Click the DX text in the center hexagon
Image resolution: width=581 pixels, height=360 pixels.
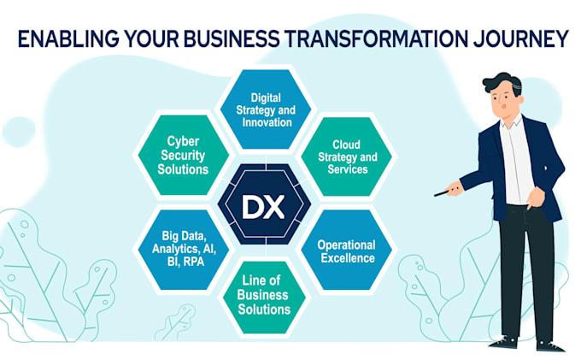point(263,207)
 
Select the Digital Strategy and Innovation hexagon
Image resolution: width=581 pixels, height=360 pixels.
point(266,109)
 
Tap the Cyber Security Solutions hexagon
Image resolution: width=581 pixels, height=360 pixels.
point(183,155)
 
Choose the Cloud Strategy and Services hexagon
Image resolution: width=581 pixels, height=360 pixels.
point(347,156)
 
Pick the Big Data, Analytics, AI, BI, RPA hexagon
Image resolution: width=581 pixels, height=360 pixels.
point(184,250)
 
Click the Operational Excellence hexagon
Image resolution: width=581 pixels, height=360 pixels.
point(347,250)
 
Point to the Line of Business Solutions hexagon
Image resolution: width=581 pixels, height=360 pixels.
point(264,298)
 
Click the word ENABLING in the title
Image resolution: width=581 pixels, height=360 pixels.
point(68,38)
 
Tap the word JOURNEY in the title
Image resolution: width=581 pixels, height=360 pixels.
point(520,38)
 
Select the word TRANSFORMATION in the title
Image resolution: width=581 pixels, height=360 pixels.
point(377,38)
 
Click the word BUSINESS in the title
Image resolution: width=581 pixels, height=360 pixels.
point(232,38)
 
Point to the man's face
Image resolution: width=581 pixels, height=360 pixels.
point(506,100)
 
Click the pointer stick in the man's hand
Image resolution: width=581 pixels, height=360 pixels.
point(445,192)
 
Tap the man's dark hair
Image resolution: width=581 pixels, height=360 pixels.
point(502,83)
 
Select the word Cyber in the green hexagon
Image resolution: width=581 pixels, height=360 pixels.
point(183,141)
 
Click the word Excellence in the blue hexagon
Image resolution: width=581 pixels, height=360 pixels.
point(348,257)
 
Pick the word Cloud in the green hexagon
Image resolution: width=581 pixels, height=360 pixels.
point(346,145)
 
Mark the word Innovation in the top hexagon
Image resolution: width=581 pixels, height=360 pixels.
point(267,122)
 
